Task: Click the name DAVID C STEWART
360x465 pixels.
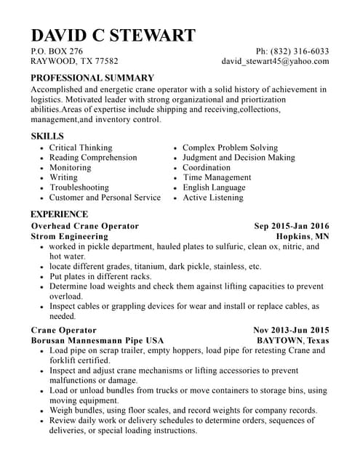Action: [113, 35]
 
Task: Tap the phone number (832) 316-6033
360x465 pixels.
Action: [300, 52]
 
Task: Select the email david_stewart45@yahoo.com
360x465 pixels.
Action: [275, 62]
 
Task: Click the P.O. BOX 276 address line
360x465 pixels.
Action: [57, 52]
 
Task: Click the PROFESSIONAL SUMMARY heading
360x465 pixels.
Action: [92, 78]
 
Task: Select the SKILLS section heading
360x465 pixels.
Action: [47, 136]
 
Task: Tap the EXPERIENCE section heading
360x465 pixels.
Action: [59, 214]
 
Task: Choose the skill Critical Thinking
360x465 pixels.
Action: [81, 147]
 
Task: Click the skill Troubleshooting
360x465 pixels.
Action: [79, 187]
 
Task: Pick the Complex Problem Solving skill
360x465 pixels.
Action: [230, 147]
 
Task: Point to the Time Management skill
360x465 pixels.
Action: [217, 177]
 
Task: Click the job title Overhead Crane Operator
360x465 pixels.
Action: [84, 226]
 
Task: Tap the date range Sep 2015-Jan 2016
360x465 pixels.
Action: [291, 226]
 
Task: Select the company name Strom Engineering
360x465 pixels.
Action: [69, 237]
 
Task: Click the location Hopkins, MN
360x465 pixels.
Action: [303, 237]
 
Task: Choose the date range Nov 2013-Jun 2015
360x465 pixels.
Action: [291, 330]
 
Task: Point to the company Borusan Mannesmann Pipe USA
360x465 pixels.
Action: [97, 341]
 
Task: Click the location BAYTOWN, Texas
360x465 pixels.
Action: [293, 341]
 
